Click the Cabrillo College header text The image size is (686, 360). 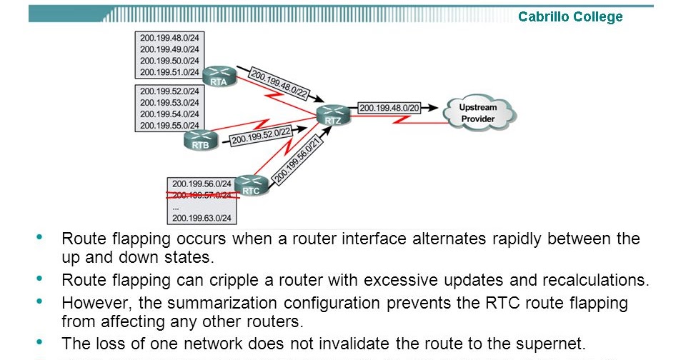(570, 17)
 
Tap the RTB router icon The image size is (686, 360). (199, 140)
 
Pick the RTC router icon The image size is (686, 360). (251, 186)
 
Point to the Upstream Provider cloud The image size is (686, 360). (478, 113)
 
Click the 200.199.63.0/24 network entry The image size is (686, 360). (202, 217)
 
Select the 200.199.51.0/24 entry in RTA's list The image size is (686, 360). (170, 71)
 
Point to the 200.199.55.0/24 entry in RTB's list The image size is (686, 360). (170, 126)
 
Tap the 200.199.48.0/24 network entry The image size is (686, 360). (170, 37)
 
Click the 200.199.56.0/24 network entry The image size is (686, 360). (202, 183)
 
